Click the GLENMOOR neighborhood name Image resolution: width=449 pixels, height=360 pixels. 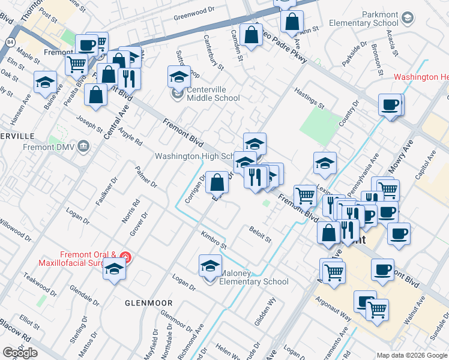pyautogui.click(x=148, y=303)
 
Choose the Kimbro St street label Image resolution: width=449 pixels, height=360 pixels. pyautogui.click(x=214, y=240)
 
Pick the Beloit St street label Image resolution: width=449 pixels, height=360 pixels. pyautogui.click(x=260, y=235)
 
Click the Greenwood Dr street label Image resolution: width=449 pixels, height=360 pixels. pyautogui.click(x=194, y=11)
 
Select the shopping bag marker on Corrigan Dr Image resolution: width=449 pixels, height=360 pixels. pyautogui.click(x=217, y=182)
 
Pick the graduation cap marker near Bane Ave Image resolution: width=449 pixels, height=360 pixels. pyautogui.click(x=45, y=83)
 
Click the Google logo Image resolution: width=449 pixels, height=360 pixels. pyautogui.click(x=20, y=353)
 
